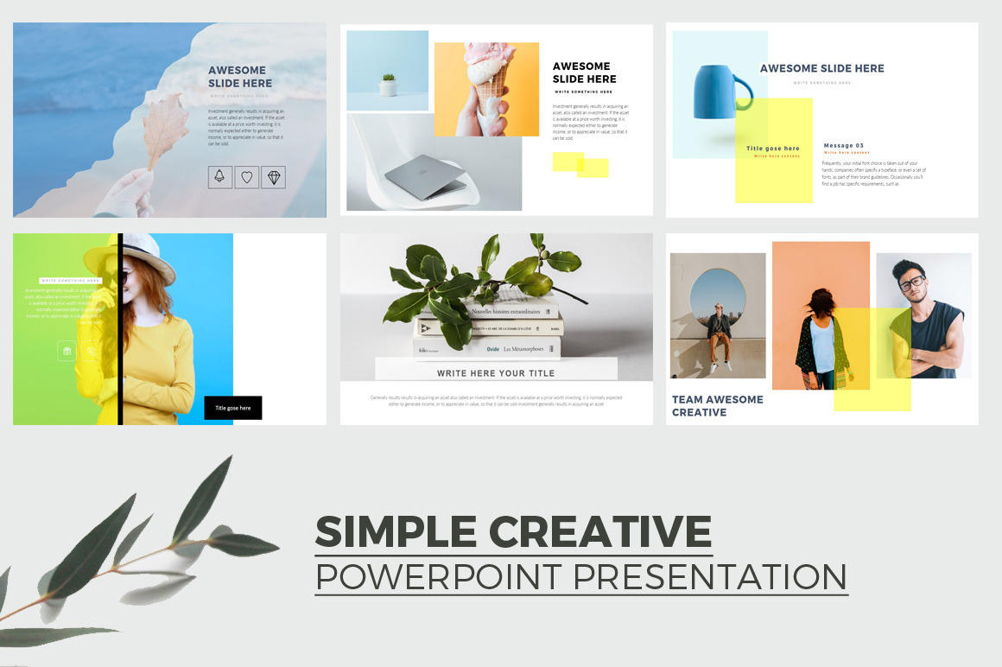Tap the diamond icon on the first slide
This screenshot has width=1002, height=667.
pos(274,177)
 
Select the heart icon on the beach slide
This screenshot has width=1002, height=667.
pos(246,177)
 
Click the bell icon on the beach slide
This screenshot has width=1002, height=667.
pos(219,177)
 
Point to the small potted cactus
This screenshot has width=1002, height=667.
pos(388,85)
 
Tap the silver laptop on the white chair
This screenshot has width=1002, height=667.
pos(424,179)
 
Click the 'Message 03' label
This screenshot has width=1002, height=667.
pos(843,145)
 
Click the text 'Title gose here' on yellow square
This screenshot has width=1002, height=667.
pos(772,149)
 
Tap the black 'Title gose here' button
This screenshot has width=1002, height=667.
pos(232,408)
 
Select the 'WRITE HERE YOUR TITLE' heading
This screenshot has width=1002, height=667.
pos(496,373)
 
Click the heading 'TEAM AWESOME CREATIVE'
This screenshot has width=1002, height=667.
pos(717,406)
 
